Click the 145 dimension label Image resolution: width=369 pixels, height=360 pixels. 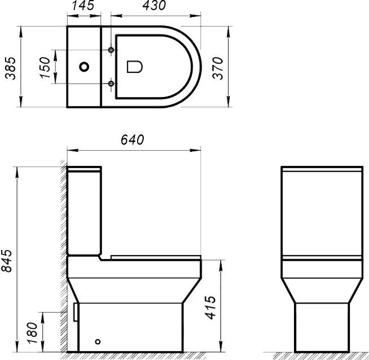84,7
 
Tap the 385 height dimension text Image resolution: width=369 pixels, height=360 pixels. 9,68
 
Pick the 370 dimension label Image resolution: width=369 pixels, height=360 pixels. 219,67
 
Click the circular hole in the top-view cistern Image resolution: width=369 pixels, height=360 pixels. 84,67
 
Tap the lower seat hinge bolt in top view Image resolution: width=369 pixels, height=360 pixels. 111,84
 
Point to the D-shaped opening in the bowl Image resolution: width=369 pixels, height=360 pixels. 134,67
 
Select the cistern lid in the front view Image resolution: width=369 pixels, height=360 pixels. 321,169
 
